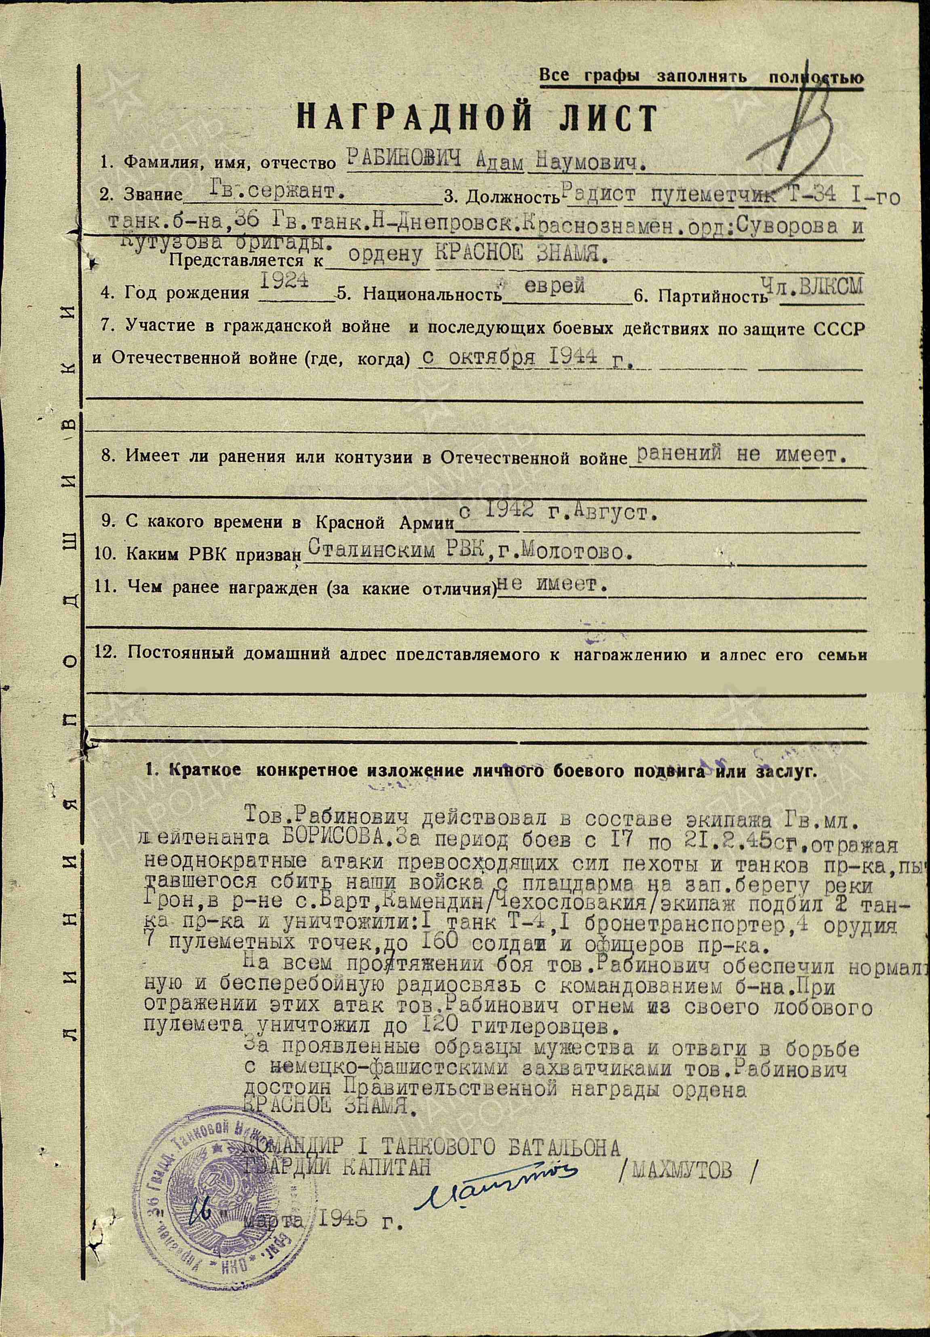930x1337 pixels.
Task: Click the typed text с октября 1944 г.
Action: point(527,357)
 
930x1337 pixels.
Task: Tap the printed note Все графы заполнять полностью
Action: point(700,77)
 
